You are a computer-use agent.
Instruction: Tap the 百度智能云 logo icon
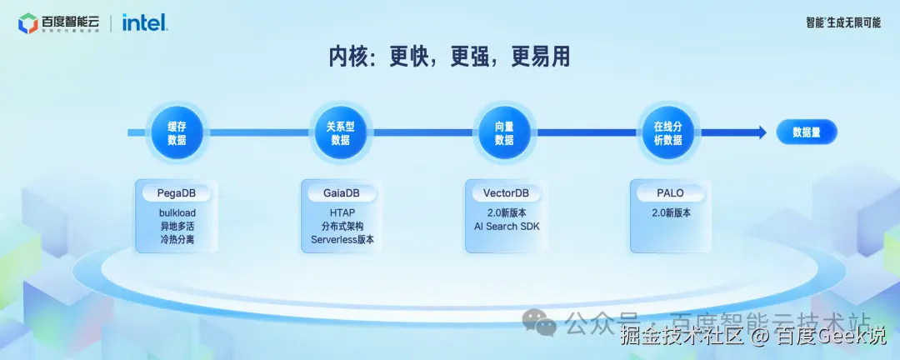coord(27,23)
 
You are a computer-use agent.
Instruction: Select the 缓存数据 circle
coord(177,133)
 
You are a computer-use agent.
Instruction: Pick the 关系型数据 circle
coord(341,133)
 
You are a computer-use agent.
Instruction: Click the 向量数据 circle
coord(504,133)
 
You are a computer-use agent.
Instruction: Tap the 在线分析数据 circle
coord(667,133)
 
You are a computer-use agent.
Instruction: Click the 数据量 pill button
coord(806,132)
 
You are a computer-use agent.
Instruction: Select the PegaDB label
coord(177,193)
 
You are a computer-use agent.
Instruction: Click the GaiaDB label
coord(342,193)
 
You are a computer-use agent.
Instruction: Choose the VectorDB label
coord(505,193)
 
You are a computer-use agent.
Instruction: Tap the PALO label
coord(670,193)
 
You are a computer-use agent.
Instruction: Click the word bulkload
coord(177,212)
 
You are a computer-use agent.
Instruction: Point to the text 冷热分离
coord(177,239)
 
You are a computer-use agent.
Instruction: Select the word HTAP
coord(342,212)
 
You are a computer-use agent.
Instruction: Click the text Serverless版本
coord(342,239)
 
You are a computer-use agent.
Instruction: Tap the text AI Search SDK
coord(505,226)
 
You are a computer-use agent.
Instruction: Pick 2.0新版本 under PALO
coord(670,212)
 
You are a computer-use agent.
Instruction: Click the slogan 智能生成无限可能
coord(842,22)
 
